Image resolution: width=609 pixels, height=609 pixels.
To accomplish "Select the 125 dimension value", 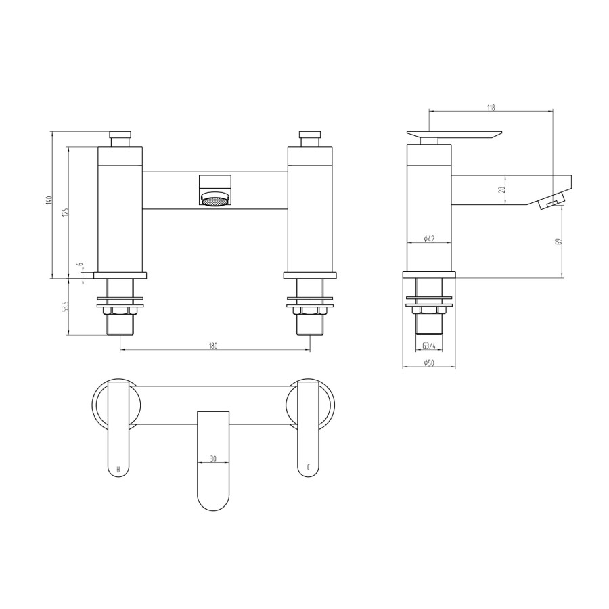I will click(x=65, y=212).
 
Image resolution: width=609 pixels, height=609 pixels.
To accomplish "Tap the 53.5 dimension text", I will click(x=65, y=307).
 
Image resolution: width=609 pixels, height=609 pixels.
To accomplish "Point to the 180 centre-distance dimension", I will click(x=213, y=346).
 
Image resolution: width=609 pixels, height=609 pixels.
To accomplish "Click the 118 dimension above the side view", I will click(x=491, y=107).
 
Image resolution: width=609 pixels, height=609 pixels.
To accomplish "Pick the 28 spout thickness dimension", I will click(x=501, y=190).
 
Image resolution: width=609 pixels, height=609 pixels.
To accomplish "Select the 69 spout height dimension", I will click(x=558, y=241).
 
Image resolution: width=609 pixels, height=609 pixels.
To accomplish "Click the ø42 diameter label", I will click(x=428, y=238).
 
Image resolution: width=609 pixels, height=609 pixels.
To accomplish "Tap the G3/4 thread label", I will click(x=428, y=346).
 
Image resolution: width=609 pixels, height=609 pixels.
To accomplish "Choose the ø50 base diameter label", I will click(x=428, y=363).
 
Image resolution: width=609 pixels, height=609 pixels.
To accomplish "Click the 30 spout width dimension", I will click(x=213, y=458).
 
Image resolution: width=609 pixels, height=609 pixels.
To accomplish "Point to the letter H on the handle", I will click(x=119, y=468).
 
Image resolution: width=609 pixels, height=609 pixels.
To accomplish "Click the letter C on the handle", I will click(x=309, y=468).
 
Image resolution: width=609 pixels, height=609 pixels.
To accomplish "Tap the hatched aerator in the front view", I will click(x=215, y=200).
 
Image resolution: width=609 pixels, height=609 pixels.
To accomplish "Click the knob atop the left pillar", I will click(x=120, y=137).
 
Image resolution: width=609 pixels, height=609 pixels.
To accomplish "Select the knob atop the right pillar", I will click(x=310, y=137).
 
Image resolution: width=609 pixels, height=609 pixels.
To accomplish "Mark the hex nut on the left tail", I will click(x=120, y=311).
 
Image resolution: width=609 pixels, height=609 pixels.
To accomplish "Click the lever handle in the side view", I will click(x=453, y=135).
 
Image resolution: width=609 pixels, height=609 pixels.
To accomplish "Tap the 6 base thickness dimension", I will click(x=80, y=265).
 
